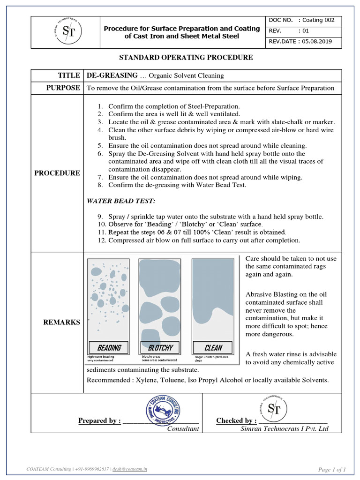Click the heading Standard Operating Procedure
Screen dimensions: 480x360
[186, 58]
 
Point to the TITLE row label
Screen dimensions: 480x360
[69, 75]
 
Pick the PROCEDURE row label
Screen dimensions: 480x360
[57, 173]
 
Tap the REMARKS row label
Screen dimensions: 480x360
[61, 322]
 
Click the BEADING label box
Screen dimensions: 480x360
[109, 347]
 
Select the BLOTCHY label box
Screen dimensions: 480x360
[160, 347]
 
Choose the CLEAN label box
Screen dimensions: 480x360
[213, 347]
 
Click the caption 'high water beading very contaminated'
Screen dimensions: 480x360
[101, 358]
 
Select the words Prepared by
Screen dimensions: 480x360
[99, 420]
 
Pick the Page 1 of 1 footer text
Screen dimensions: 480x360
[331, 469]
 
